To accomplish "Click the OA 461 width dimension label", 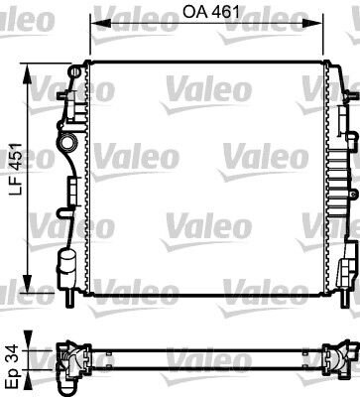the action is pos(211,12).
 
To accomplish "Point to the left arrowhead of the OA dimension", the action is pos(100,23).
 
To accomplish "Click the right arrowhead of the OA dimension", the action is pos(312,23).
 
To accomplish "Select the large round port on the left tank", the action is pos(68,143).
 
